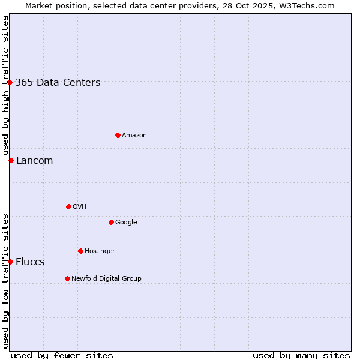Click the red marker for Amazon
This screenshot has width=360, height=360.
[118, 135]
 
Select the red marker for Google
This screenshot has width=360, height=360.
[111, 222]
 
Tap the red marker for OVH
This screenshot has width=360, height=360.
[68, 206]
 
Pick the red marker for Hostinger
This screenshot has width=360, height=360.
[80, 251]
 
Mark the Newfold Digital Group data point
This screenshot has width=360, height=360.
[67, 278]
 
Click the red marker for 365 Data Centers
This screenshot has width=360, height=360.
[10, 82]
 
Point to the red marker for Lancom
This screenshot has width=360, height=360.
[11, 160]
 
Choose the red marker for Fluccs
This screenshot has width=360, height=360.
[10, 262]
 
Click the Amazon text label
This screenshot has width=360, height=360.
[134, 136]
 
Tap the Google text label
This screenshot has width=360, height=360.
[126, 223]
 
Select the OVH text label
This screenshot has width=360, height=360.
[80, 207]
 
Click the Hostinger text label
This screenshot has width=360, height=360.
[100, 251]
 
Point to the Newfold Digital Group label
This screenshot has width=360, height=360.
[106, 278]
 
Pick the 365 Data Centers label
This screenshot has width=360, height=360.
[58, 83]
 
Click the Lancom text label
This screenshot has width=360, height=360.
[34, 161]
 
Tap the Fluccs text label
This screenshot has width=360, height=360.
[30, 262]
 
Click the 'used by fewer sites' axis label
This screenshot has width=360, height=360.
[62, 355]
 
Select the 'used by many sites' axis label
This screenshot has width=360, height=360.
[301, 355]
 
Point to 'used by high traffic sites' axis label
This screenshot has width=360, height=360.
[5, 86]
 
